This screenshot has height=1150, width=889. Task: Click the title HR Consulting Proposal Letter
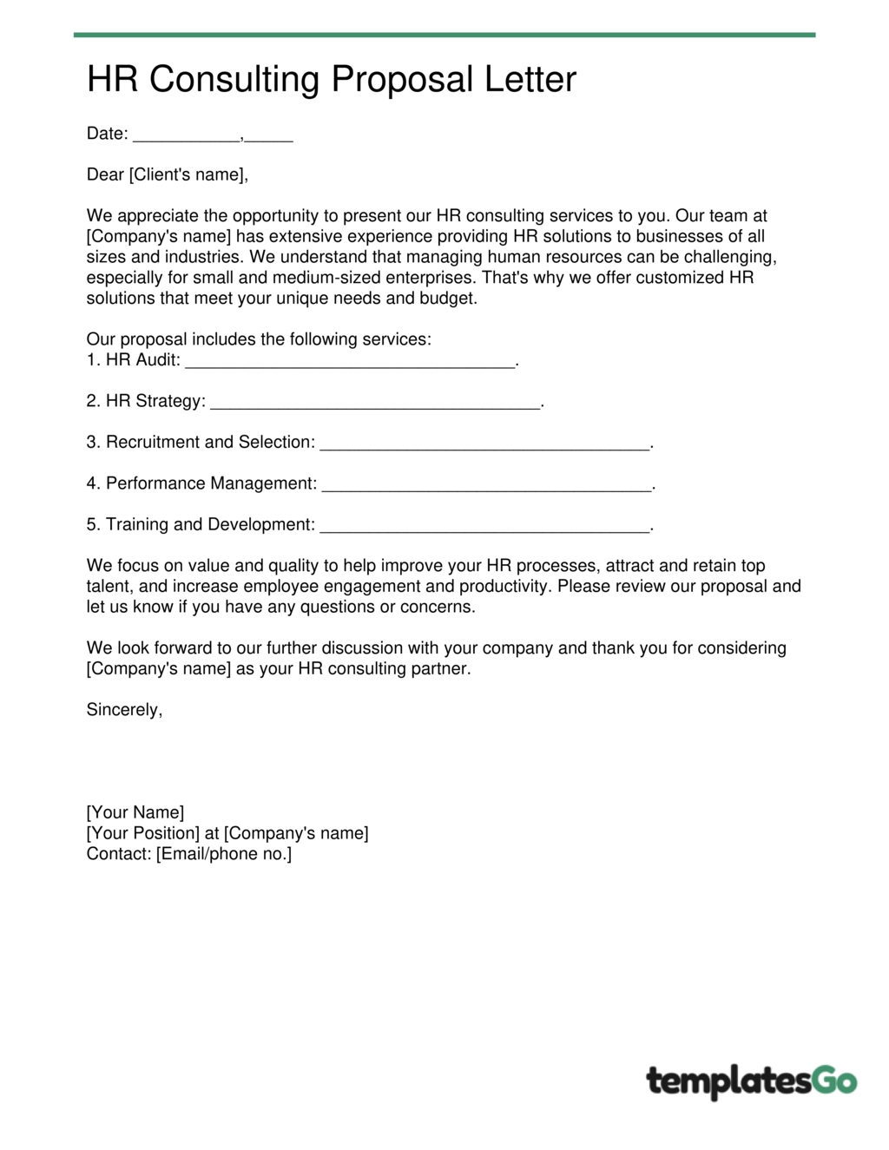[331, 80]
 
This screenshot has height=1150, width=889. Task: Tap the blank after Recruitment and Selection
[484, 444]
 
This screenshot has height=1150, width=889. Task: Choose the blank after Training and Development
[484, 527]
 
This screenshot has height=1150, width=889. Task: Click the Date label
[107, 134]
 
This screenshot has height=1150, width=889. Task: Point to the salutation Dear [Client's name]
[167, 174]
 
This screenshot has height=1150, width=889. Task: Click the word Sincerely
[124, 710]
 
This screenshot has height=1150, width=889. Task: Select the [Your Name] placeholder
[135, 812]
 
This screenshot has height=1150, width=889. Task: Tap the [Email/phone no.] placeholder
[224, 854]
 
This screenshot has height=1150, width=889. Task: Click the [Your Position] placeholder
[142, 833]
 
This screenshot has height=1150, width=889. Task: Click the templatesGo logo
[751, 1081]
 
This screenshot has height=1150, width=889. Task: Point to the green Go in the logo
[833, 1081]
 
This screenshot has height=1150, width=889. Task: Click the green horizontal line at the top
[444, 35]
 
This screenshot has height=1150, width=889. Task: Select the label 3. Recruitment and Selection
[201, 443]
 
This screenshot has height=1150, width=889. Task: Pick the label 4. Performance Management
[201, 483]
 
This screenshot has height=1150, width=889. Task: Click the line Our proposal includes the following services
[259, 339]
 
